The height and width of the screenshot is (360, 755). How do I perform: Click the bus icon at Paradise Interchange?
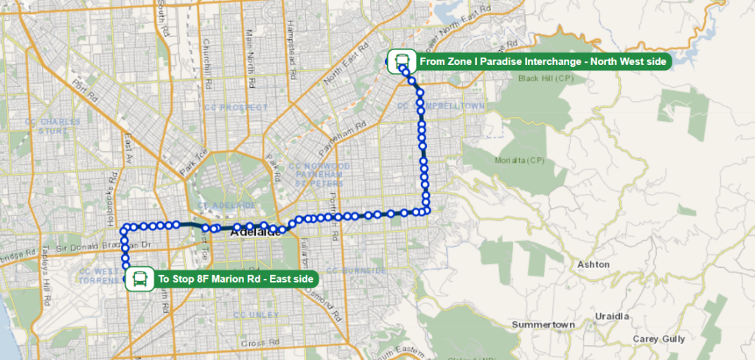[402, 61]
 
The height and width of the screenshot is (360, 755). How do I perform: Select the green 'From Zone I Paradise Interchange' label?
[543, 61]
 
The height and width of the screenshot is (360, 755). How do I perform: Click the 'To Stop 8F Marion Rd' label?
[235, 279]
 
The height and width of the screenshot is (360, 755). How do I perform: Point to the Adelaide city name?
[256, 233]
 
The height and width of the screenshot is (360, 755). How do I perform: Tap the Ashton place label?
[593, 264]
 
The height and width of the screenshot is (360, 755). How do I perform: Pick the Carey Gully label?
[658, 339]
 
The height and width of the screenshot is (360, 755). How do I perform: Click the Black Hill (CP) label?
[546, 78]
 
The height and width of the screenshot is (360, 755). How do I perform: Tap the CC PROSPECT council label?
[234, 107]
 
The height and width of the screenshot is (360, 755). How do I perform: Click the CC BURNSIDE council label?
[357, 271]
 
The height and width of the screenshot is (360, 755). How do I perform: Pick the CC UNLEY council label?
[256, 315]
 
